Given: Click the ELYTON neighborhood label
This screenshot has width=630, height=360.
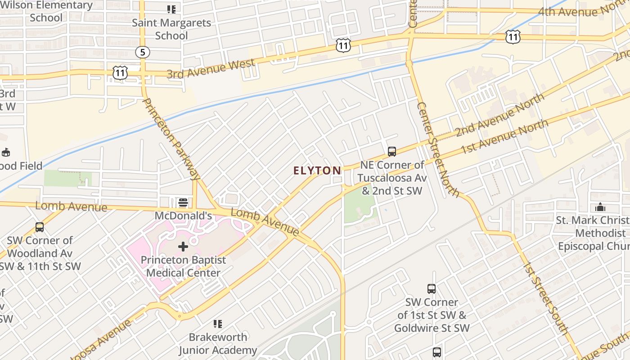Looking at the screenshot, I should pyautogui.click(x=317, y=171).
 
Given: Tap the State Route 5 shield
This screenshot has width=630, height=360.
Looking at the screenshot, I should pyautogui.click(x=143, y=52).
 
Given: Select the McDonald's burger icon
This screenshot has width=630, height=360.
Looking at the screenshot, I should pyautogui.click(x=183, y=202).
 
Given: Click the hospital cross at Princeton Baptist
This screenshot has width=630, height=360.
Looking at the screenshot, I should pyautogui.click(x=183, y=246).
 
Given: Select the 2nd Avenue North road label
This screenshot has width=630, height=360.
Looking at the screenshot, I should pyautogui.click(x=500, y=114).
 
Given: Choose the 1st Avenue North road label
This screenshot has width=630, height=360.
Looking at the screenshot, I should pyautogui.click(x=504, y=135).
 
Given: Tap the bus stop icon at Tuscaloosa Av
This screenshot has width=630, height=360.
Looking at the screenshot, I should pyautogui.click(x=392, y=151).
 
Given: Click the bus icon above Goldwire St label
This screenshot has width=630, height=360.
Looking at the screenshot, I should pyautogui.click(x=432, y=288).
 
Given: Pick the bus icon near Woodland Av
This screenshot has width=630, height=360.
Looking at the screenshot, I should pyautogui.click(x=40, y=227).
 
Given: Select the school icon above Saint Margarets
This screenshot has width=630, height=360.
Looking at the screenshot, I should pyautogui.click(x=171, y=9).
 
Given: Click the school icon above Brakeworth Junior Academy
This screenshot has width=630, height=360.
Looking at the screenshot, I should pyautogui.click(x=218, y=324).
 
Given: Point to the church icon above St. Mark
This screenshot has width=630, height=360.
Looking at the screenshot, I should pyautogui.click(x=600, y=207).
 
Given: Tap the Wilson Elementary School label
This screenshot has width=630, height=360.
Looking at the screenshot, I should pyautogui.click(x=46, y=12).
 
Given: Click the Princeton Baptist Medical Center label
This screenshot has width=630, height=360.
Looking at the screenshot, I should pyautogui.click(x=183, y=266).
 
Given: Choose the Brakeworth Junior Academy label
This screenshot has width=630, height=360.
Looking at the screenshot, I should pyautogui.click(x=218, y=343).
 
